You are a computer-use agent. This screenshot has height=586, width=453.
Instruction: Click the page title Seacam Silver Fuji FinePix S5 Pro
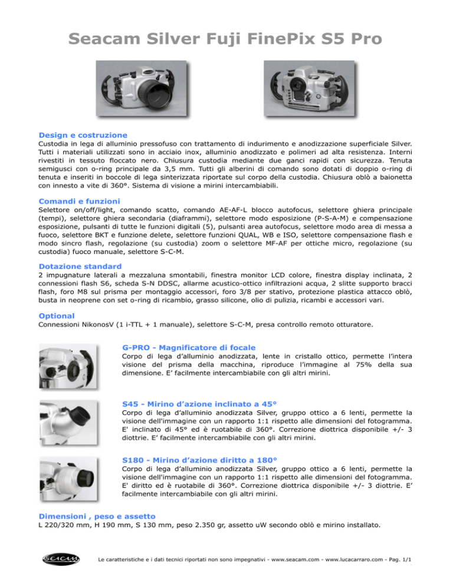coord(226,39)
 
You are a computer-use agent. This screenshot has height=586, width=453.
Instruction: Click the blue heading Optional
coord(56,315)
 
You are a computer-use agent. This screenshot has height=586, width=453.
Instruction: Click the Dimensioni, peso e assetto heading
coord(97,515)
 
